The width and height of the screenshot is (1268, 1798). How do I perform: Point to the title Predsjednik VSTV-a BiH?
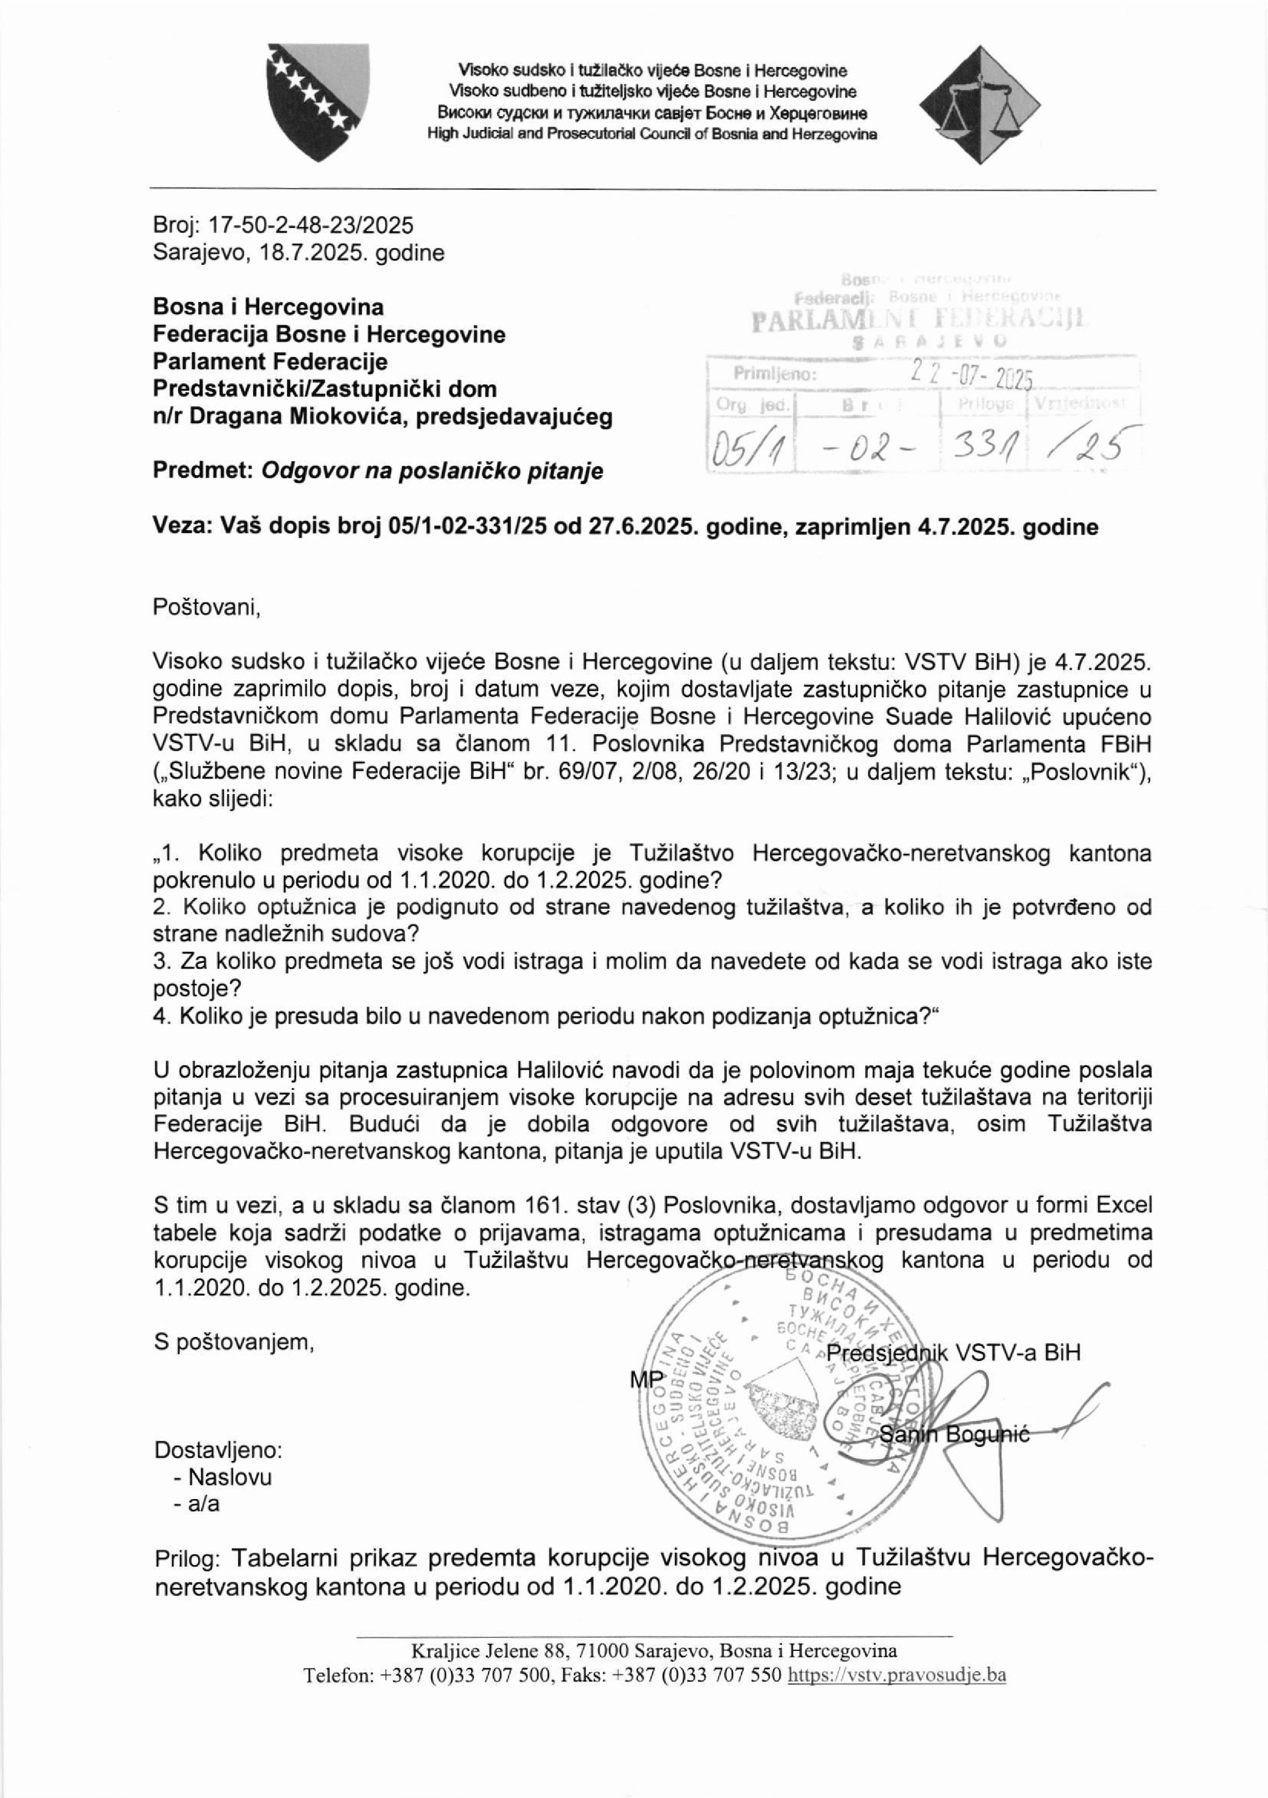(x=953, y=1352)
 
